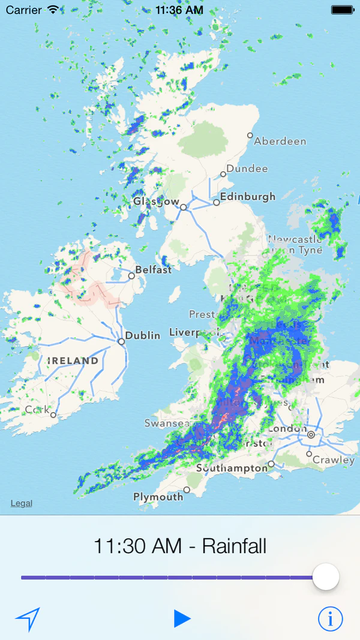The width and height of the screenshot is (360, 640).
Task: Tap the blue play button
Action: pos(182,618)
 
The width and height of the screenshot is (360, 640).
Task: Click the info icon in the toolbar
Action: pos(330,618)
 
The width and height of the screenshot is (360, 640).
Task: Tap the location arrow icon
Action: pos(28,618)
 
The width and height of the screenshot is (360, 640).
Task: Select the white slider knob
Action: pos(326,577)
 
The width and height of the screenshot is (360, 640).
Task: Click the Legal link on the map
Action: pos(22,503)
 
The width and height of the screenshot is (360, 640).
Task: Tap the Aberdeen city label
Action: pos(280,142)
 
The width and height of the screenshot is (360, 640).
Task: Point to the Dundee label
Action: pos(247,169)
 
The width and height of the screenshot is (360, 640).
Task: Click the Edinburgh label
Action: pos(247,196)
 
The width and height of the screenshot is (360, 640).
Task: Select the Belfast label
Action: pos(153,270)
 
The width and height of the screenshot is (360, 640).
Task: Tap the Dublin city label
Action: pos(143,335)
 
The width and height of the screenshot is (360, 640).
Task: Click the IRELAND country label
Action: pos(73,361)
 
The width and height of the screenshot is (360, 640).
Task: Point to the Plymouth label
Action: pos(158,497)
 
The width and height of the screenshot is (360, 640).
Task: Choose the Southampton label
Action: pos(232,468)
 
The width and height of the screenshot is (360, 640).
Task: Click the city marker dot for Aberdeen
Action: pos(250,136)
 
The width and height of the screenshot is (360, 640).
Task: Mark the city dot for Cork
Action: pos(53,414)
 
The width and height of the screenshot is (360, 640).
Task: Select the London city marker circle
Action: pos(311,433)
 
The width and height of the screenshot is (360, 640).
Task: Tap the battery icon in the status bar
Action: pos(342,10)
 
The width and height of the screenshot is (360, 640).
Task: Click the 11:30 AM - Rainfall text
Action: pos(180,546)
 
